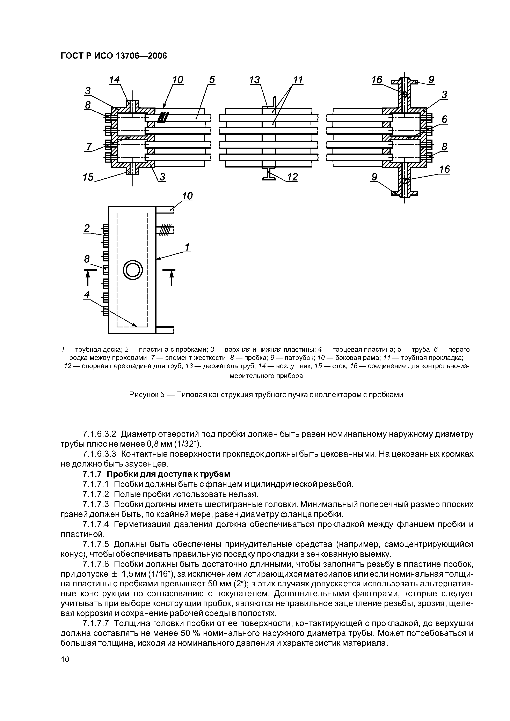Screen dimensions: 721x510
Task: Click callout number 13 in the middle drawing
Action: tap(255, 80)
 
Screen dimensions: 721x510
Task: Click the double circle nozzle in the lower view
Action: tap(133, 270)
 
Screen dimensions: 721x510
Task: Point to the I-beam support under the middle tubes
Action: tap(269, 174)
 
